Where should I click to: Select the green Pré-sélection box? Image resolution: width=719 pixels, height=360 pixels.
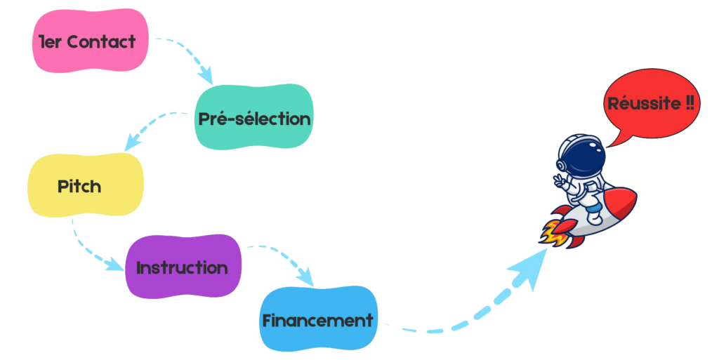point(253,117)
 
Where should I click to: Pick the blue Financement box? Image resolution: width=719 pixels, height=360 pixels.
point(318,319)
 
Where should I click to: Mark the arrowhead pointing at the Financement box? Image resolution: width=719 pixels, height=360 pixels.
point(307,278)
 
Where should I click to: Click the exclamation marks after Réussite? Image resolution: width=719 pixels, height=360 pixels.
point(690,104)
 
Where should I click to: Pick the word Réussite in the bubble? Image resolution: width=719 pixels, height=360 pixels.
point(644,104)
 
